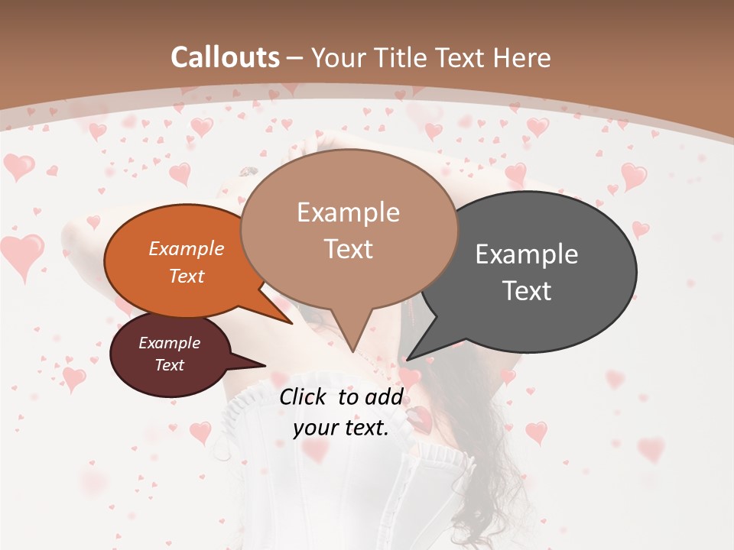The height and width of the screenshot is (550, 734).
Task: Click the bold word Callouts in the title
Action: (x=225, y=57)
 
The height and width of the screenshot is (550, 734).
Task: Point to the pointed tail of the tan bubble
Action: (x=351, y=336)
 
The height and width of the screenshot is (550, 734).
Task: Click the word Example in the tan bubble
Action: (x=348, y=212)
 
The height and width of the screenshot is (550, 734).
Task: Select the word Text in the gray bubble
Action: (x=527, y=290)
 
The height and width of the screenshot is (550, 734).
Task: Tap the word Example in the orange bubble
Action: (x=187, y=248)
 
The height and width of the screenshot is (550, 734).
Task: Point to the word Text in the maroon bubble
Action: (x=170, y=365)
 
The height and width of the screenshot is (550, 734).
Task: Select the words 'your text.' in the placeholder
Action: (x=341, y=428)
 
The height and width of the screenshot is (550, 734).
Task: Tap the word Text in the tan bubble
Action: (x=348, y=249)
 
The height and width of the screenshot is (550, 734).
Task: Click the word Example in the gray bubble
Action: (x=527, y=254)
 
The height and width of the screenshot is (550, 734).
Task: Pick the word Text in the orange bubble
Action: (x=187, y=276)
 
